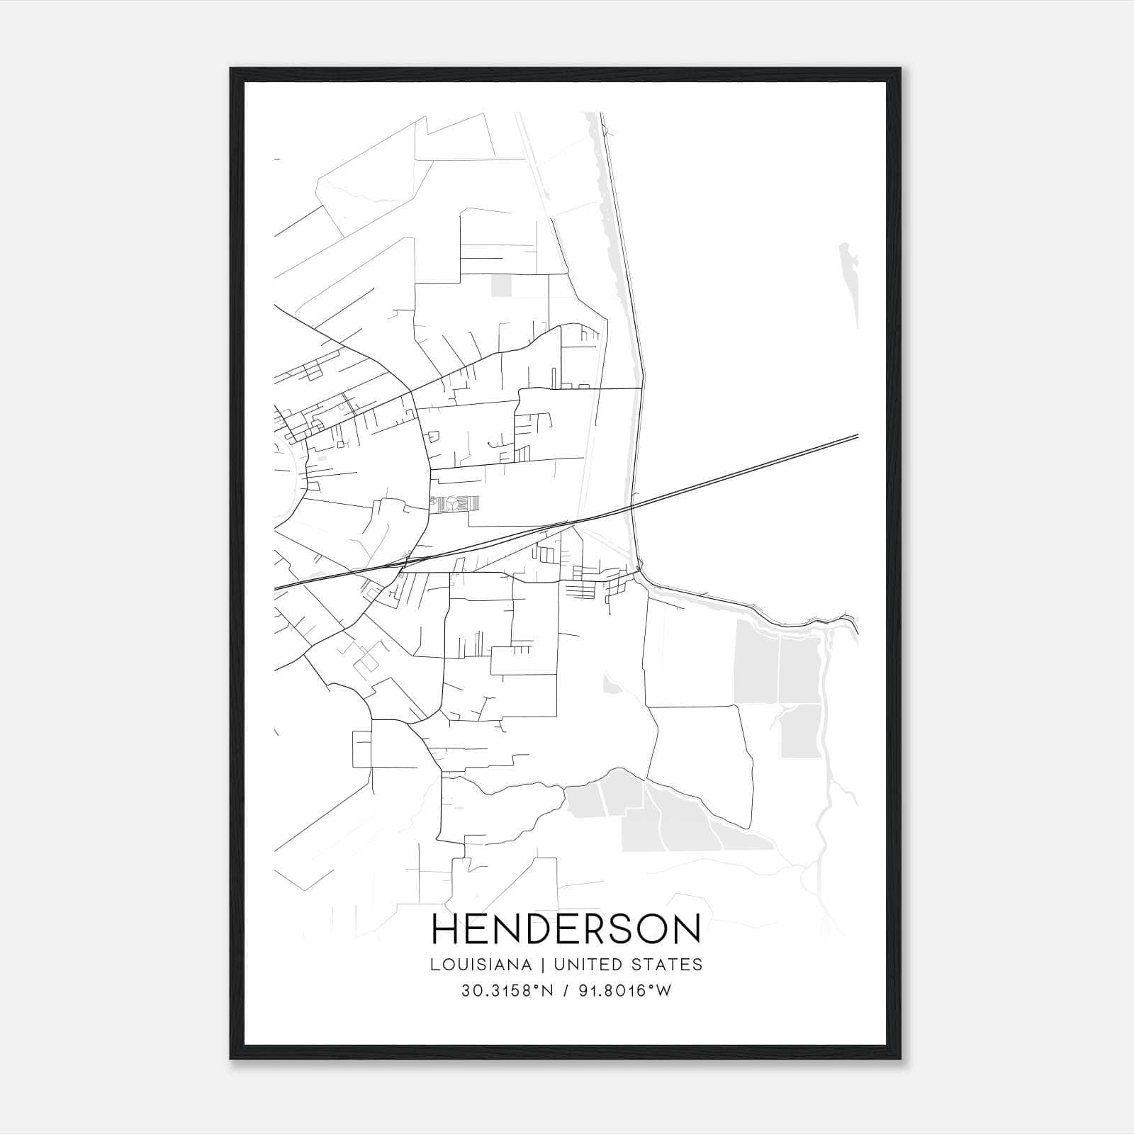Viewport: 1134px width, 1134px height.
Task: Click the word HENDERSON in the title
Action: [x=566, y=929]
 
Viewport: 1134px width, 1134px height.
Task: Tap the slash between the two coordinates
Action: [x=564, y=991]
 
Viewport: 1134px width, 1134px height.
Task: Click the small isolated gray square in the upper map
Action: [x=501, y=286]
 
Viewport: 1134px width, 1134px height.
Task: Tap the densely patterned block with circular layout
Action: [x=454, y=504]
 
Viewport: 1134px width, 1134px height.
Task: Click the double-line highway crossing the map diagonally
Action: [x=744, y=470]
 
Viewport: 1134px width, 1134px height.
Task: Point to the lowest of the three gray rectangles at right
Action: [x=801, y=731]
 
